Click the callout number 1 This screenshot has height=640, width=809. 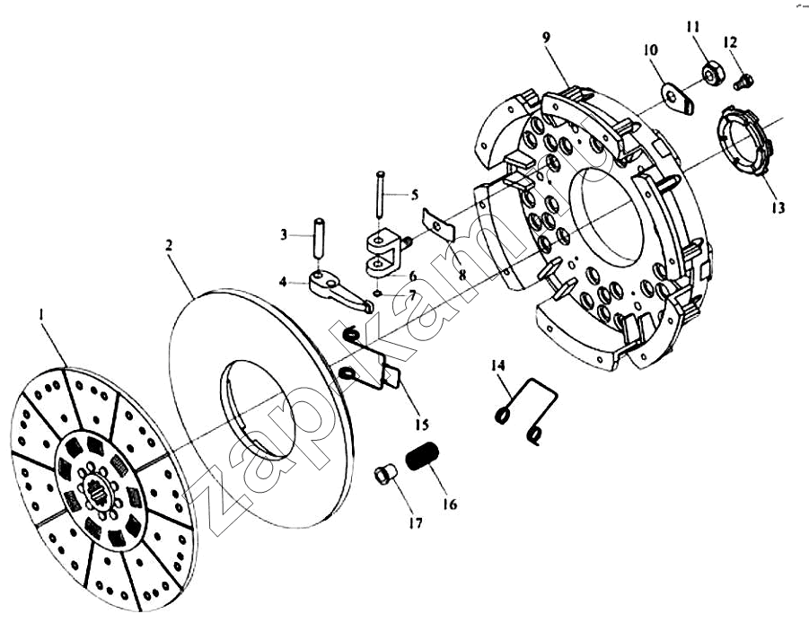pyautogui.click(x=41, y=314)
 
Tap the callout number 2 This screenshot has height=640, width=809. pyautogui.click(x=168, y=244)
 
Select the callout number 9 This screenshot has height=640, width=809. pyautogui.click(x=547, y=37)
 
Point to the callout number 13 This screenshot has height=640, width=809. pyautogui.click(x=778, y=207)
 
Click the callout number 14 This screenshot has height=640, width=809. pyautogui.click(x=498, y=365)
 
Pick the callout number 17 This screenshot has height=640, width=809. pyautogui.click(x=416, y=523)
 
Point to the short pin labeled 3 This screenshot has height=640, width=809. pyautogui.click(x=319, y=239)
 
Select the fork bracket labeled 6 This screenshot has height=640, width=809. pyautogui.click(x=386, y=254)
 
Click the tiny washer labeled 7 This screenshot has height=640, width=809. pyautogui.click(x=378, y=294)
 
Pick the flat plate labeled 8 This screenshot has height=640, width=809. pyautogui.click(x=438, y=224)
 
